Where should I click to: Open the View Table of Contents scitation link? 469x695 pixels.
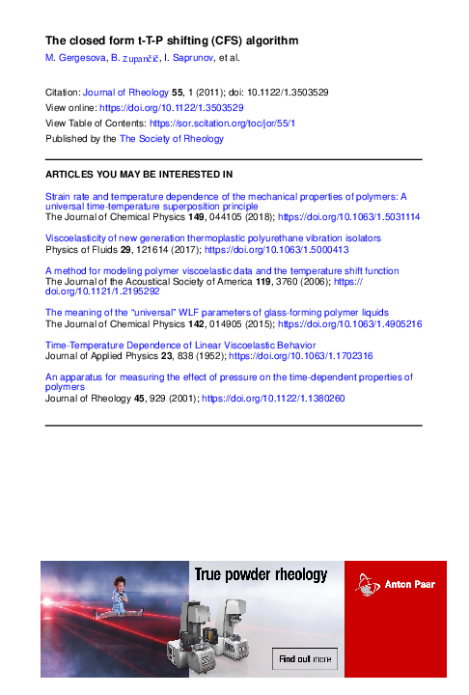point(222,123)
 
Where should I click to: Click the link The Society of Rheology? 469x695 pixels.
point(171,138)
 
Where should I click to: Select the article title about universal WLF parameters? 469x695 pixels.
point(217,313)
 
